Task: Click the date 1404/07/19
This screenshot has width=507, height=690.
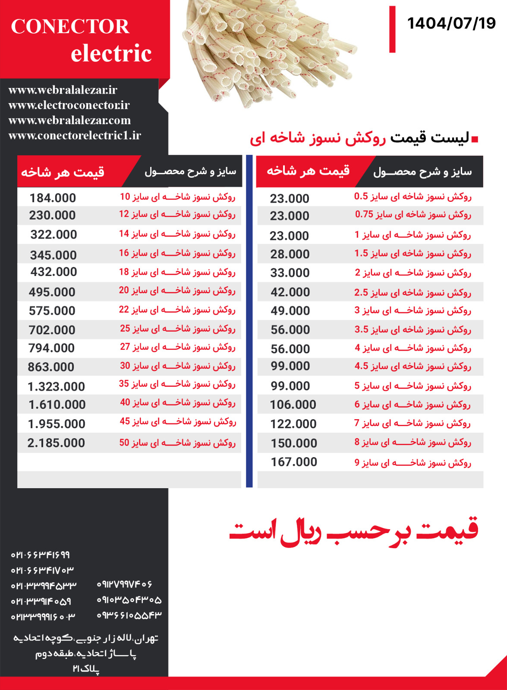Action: pos(451,23)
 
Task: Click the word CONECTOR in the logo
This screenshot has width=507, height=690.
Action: pos(70,27)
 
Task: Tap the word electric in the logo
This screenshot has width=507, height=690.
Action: pos(111,53)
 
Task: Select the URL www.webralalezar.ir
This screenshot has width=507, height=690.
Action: pos(63,90)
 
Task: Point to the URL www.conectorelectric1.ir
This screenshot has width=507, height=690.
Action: pos(75,135)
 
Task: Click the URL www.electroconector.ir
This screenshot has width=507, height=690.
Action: pos(69,105)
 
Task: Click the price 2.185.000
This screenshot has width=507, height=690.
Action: pos(56,443)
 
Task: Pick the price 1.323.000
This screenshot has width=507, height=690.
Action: pos(56,386)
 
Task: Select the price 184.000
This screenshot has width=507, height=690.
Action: pos(53,198)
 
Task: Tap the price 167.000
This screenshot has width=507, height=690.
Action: pos(294,462)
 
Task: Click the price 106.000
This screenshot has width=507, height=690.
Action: pos(293,405)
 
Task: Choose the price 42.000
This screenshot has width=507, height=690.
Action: pos(290,292)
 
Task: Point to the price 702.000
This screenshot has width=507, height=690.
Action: pos(52,330)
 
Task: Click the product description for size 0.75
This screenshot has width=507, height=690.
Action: pos(413,214)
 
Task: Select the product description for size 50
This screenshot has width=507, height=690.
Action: pos(177,442)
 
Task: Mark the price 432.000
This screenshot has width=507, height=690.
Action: pos(54,272)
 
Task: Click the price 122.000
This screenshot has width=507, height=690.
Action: pos(293,424)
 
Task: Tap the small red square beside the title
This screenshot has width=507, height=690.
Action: pos(475,139)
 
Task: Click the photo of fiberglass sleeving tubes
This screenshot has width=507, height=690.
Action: pos(268,52)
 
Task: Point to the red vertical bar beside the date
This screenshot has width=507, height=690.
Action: pos(392,29)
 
